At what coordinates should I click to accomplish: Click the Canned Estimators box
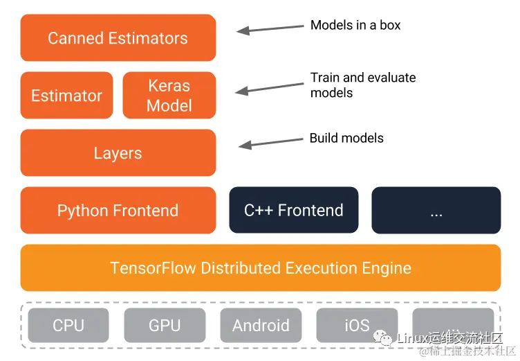118,37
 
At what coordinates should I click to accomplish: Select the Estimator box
66,96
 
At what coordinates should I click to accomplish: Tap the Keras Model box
169,96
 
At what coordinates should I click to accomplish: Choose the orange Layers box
118,153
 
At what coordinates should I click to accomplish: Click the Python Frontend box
118,211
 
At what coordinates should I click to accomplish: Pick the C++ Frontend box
294,211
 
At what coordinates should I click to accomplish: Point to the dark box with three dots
436,211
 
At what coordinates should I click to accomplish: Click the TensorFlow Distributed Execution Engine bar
261,268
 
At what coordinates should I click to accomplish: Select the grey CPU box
68,325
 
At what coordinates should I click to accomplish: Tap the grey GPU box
165,325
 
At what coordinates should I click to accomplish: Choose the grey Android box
261,325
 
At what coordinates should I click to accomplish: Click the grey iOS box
357,325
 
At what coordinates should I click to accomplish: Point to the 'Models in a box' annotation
355,26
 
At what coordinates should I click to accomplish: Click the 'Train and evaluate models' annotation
362,85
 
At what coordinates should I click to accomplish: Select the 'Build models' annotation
346,139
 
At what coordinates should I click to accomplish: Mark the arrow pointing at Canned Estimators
270,28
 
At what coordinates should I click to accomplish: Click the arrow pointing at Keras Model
270,87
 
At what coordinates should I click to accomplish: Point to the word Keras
169,86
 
